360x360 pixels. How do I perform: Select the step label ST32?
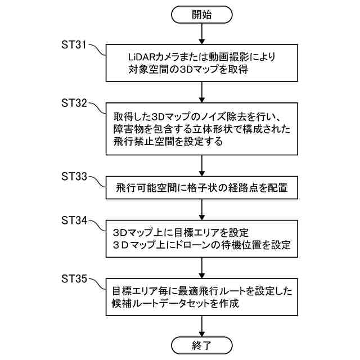[74, 103]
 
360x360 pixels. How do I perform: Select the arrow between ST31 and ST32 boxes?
[201, 91]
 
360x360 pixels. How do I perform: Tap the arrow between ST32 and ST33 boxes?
[201, 166]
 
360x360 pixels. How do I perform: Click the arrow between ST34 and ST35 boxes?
[201, 267]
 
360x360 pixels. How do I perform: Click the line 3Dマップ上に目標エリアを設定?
[181, 232]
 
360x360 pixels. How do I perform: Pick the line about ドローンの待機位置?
[201, 246]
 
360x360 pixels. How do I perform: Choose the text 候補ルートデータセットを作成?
[175, 304]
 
